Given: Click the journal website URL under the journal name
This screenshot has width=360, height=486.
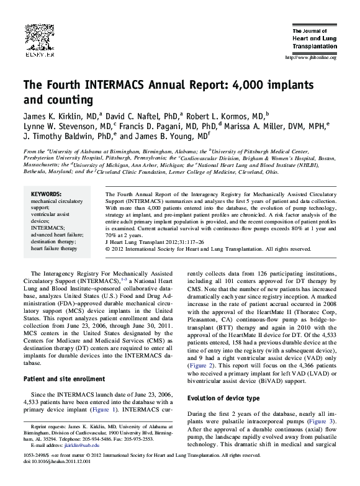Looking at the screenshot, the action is (309, 58).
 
